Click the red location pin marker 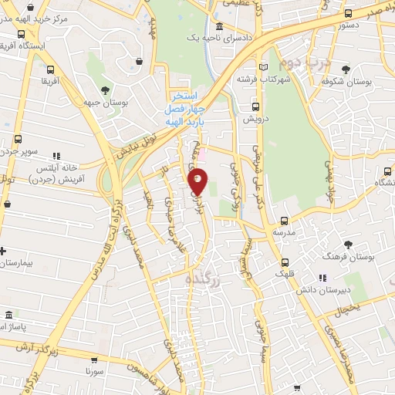[198, 183]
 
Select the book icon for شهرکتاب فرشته [265, 67]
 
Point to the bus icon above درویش [254, 107]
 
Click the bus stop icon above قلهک [285, 262]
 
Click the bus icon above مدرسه [284, 221]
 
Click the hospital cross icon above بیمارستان [4, 251]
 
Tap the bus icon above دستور [349, 14]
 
